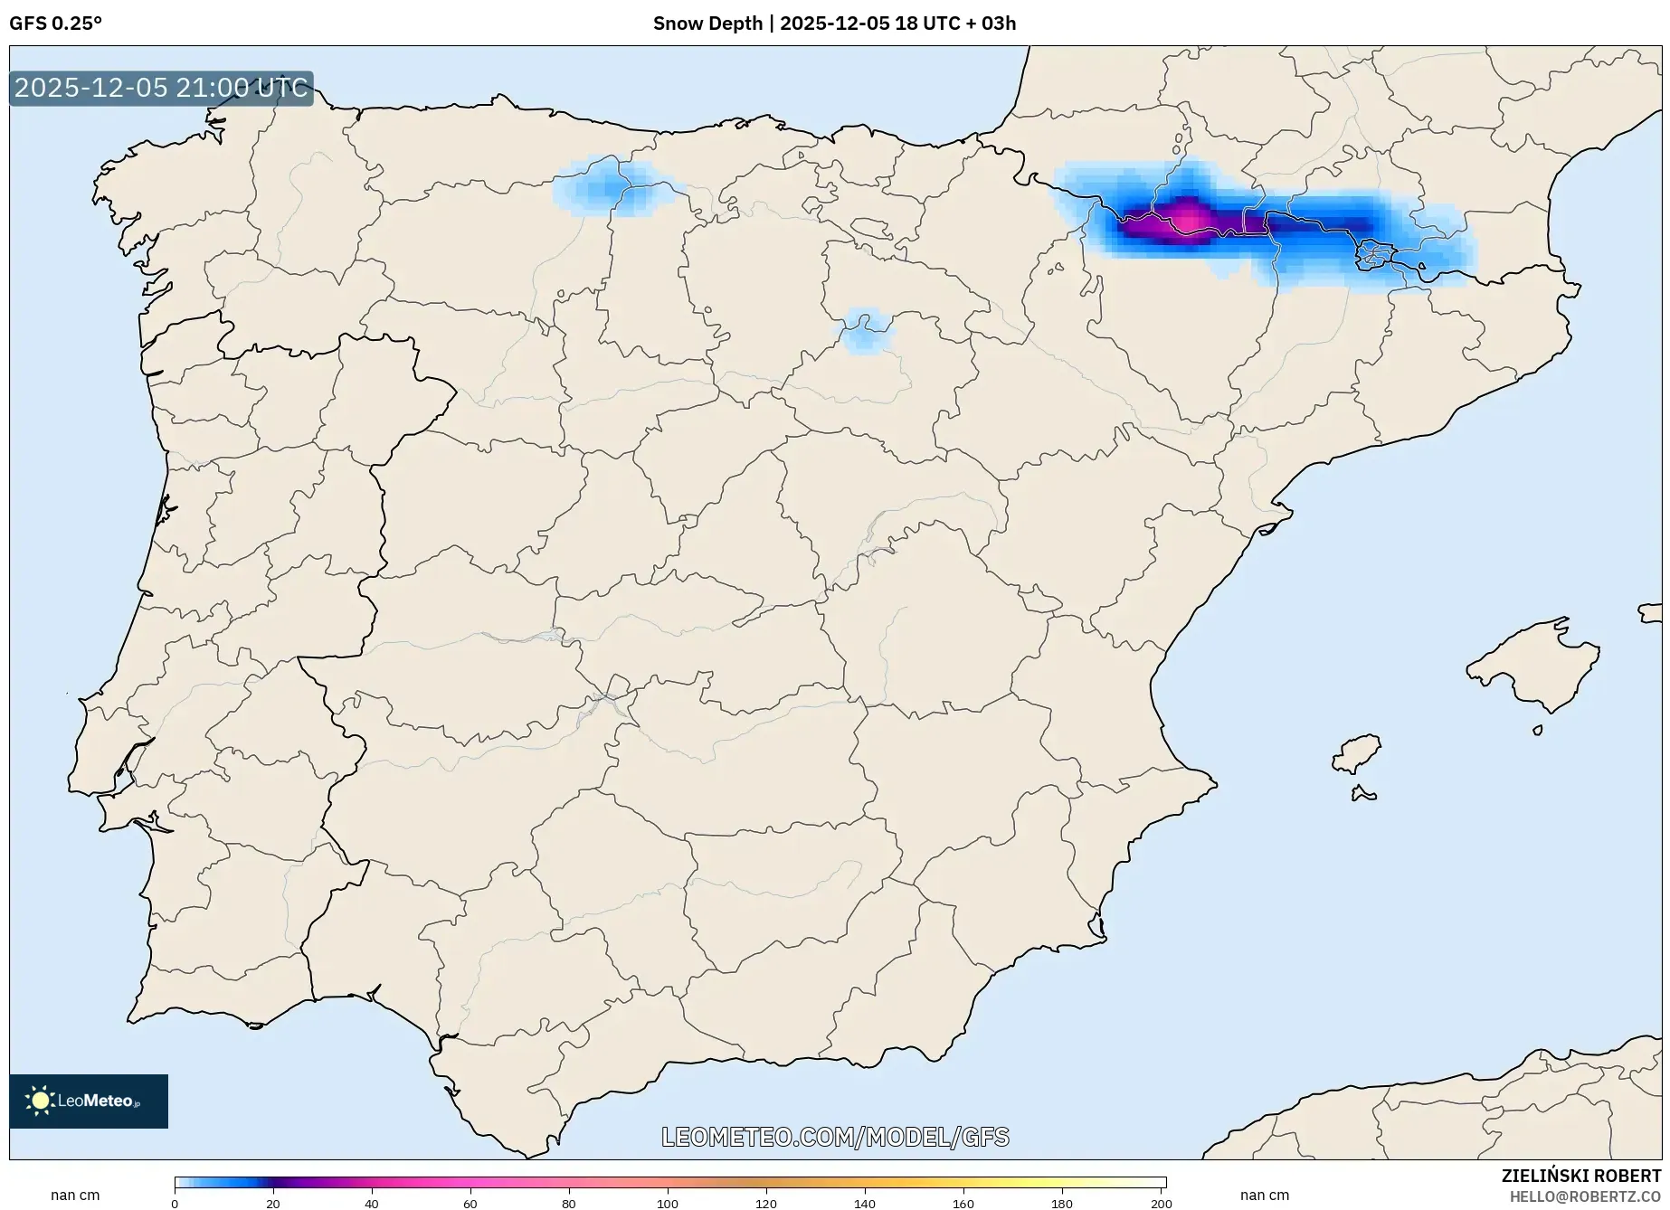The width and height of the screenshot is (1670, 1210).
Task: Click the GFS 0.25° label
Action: [55, 24]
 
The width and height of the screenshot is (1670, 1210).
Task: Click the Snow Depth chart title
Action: [834, 24]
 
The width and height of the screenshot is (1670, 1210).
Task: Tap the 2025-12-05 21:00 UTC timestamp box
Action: [161, 89]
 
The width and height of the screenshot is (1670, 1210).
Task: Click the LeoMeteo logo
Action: [89, 1101]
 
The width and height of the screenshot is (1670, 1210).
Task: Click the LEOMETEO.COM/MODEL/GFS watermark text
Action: [835, 1137]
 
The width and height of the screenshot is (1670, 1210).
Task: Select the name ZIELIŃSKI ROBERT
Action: [1580, 1176]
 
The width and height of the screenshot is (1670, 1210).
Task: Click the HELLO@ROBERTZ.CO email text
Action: [1585, 1196]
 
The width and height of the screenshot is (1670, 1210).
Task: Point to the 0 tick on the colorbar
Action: [175, 1203]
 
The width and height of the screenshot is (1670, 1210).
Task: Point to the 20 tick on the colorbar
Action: [273, 1203]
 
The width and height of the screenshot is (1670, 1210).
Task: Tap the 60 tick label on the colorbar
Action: [470, 1203]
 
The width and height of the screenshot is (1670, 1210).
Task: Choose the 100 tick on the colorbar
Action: [668, 1203]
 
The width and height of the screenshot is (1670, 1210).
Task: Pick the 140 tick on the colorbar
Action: [865, 1203]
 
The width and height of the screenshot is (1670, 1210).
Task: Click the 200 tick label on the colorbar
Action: [1162, 1203]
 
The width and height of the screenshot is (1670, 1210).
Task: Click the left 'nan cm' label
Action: [75, 1196]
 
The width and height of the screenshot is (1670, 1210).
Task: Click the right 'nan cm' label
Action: [1265, 1196]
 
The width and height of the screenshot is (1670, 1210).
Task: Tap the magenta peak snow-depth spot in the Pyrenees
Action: [1186, 218]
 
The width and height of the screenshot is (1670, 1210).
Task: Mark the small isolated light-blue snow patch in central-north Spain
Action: [866, 331]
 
